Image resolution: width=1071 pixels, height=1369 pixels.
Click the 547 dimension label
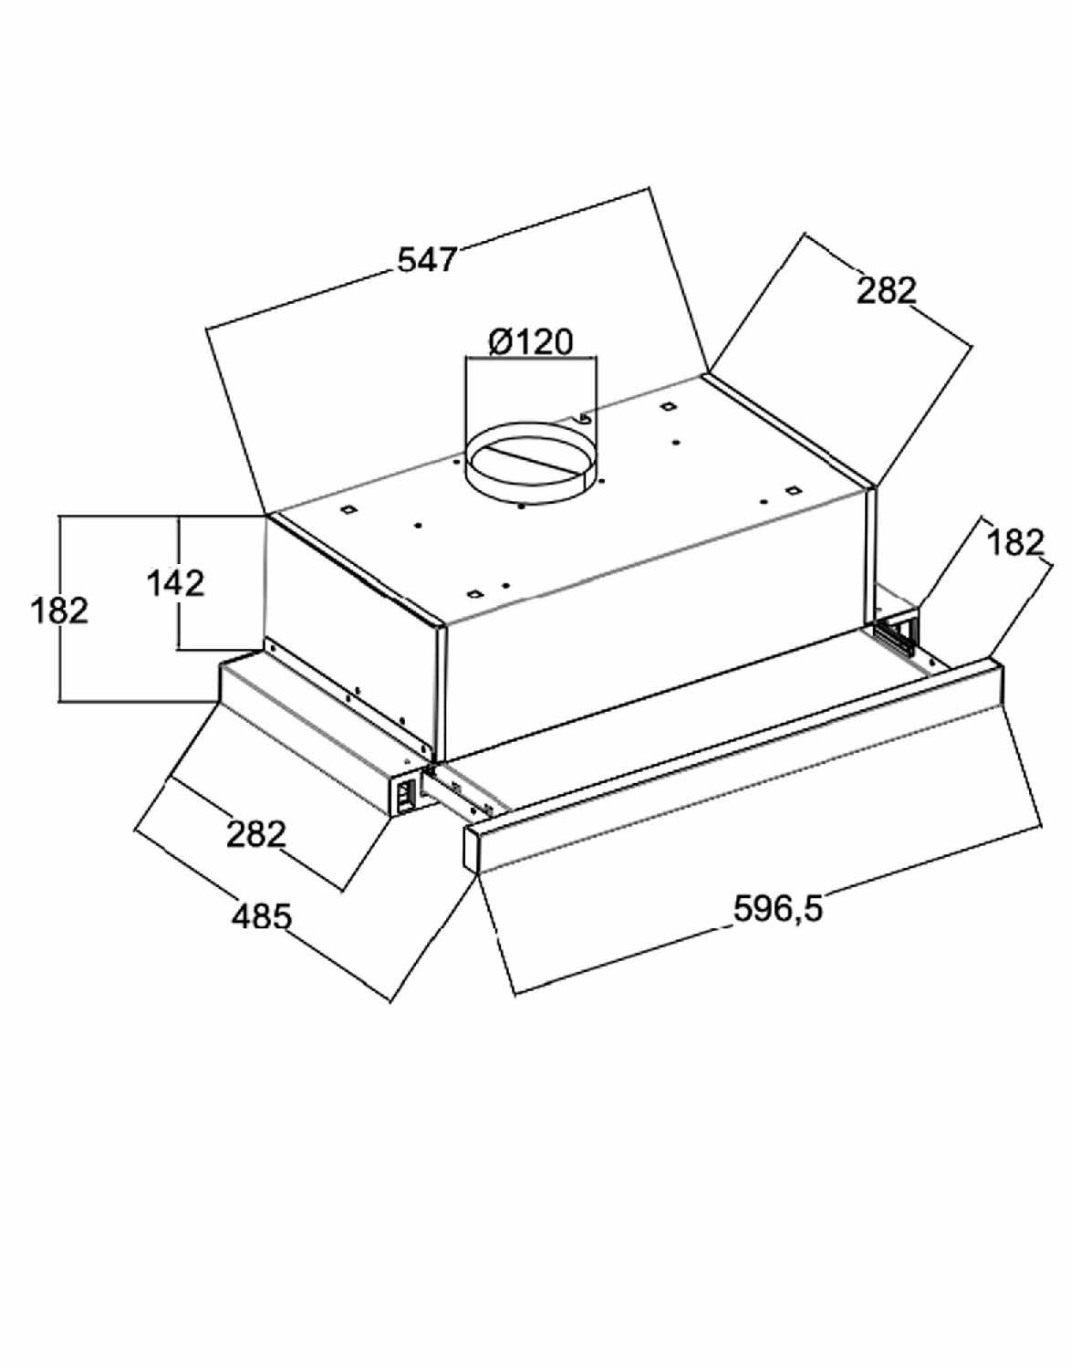click(x=427, y=258)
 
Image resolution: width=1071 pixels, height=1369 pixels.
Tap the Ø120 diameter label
click(x=530, y=342)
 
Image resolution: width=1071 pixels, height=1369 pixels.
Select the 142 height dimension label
click(x=176, y=583)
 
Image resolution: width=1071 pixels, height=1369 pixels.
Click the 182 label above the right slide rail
click(x=1015, y=542)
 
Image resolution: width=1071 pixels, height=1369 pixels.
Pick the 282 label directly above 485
click(x=256, y=835)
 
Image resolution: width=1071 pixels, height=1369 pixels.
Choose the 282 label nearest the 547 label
click(x=886, y=290)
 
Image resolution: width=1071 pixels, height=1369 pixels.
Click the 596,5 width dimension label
click(x=778, y=908)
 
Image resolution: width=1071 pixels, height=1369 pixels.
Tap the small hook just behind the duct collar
click(x=584, y=417)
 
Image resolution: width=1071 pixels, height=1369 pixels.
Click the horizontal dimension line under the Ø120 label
click(x=530, y=358)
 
